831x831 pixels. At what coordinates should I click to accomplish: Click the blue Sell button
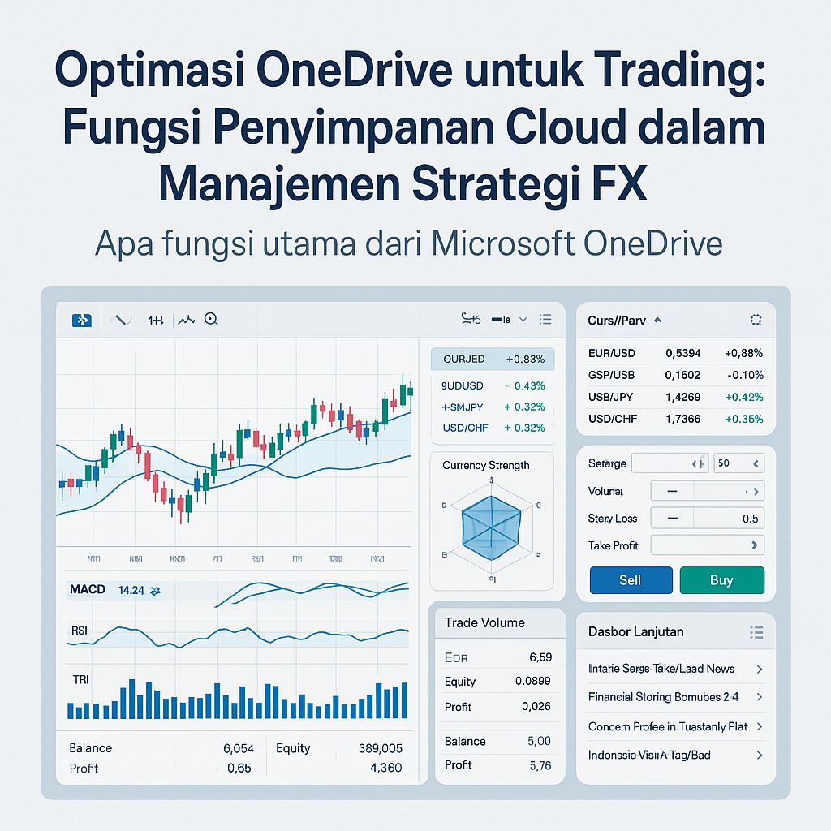point(630,580)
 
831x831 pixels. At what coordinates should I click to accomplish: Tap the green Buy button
point(721,580)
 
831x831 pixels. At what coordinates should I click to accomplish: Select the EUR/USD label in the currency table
point(611,353)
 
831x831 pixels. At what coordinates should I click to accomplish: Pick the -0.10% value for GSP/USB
point(747,375)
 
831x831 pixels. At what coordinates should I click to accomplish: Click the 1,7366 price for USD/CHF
point(682,419)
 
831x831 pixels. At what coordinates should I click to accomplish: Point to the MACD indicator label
point(88,589)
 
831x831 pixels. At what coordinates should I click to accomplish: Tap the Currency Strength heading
point(486,465)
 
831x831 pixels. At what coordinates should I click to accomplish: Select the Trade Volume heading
point(484,622)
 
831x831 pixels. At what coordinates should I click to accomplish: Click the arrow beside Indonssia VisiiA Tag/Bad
point(759,755)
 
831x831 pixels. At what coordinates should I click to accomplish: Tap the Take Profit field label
point(613,545)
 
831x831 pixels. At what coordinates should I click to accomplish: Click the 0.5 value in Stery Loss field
point(750,519)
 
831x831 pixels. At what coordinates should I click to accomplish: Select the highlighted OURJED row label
point(463,359)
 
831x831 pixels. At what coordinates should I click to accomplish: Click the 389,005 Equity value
point(380,748)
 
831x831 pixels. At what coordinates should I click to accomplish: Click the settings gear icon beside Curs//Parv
point(756,321)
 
